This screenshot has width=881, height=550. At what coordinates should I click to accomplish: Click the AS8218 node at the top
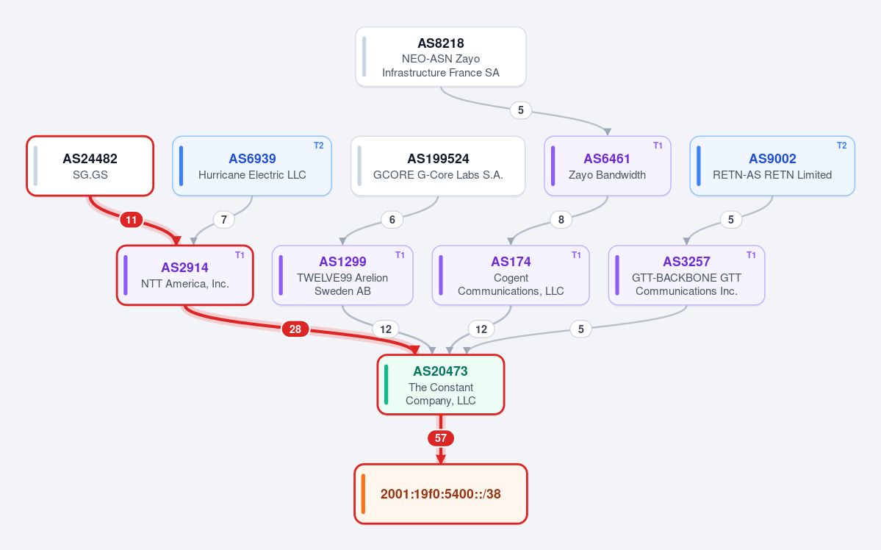[441, 57]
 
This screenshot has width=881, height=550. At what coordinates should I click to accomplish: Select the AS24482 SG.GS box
[90, 166]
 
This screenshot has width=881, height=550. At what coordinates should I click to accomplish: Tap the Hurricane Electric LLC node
[252, 166]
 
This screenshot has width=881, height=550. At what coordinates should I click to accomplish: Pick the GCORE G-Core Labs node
[438, 166]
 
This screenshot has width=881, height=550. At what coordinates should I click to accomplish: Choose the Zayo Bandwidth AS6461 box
[608, 166]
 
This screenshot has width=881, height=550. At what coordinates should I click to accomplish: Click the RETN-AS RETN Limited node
[772, 166]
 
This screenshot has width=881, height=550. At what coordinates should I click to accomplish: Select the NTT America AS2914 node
[185, 276]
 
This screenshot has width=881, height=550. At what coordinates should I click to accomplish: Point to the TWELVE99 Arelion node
[342, 276]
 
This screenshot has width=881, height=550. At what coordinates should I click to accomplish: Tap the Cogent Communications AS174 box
[511, 276]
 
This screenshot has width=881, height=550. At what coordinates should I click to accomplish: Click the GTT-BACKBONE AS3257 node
[686, 276]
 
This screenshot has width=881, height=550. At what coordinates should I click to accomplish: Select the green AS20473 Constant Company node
[441, 385]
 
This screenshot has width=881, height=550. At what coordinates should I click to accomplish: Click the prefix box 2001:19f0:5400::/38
[441, 494]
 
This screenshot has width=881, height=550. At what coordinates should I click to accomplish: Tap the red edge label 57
[441, 438]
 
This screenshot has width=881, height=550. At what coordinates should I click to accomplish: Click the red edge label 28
[295, 329]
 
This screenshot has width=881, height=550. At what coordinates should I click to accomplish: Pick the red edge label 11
[131, 219]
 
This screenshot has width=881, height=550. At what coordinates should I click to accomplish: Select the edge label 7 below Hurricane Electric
[223, 219]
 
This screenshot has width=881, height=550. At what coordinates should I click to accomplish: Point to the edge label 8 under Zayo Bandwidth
[561, 219]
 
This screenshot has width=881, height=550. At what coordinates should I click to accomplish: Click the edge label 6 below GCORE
[392, 219]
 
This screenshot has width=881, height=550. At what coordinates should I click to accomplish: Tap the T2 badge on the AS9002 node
[841, 146]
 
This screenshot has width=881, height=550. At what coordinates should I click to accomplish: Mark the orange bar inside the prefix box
[364, 494]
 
